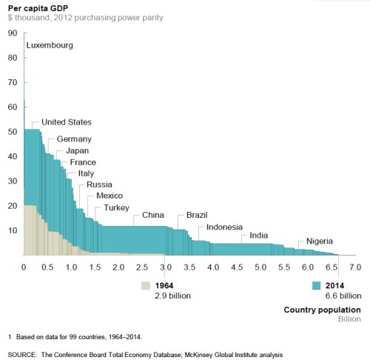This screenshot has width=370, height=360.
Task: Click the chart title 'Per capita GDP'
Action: pyautogui.click(x=39, y=7)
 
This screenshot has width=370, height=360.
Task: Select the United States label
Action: pyautogui.click(x=72, y=122)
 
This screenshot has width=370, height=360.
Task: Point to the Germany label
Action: pyautogui.click(x=74, y=139)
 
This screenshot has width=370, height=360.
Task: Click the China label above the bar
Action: pyautogui.click(x=152, y=216)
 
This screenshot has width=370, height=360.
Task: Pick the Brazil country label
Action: pyautogui.click(x=198, y=215)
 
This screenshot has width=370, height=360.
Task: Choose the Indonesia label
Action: pyautogui.click(x=230, y=227)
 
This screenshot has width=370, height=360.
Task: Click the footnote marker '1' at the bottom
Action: pyautogui.click(x=10, y=338)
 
